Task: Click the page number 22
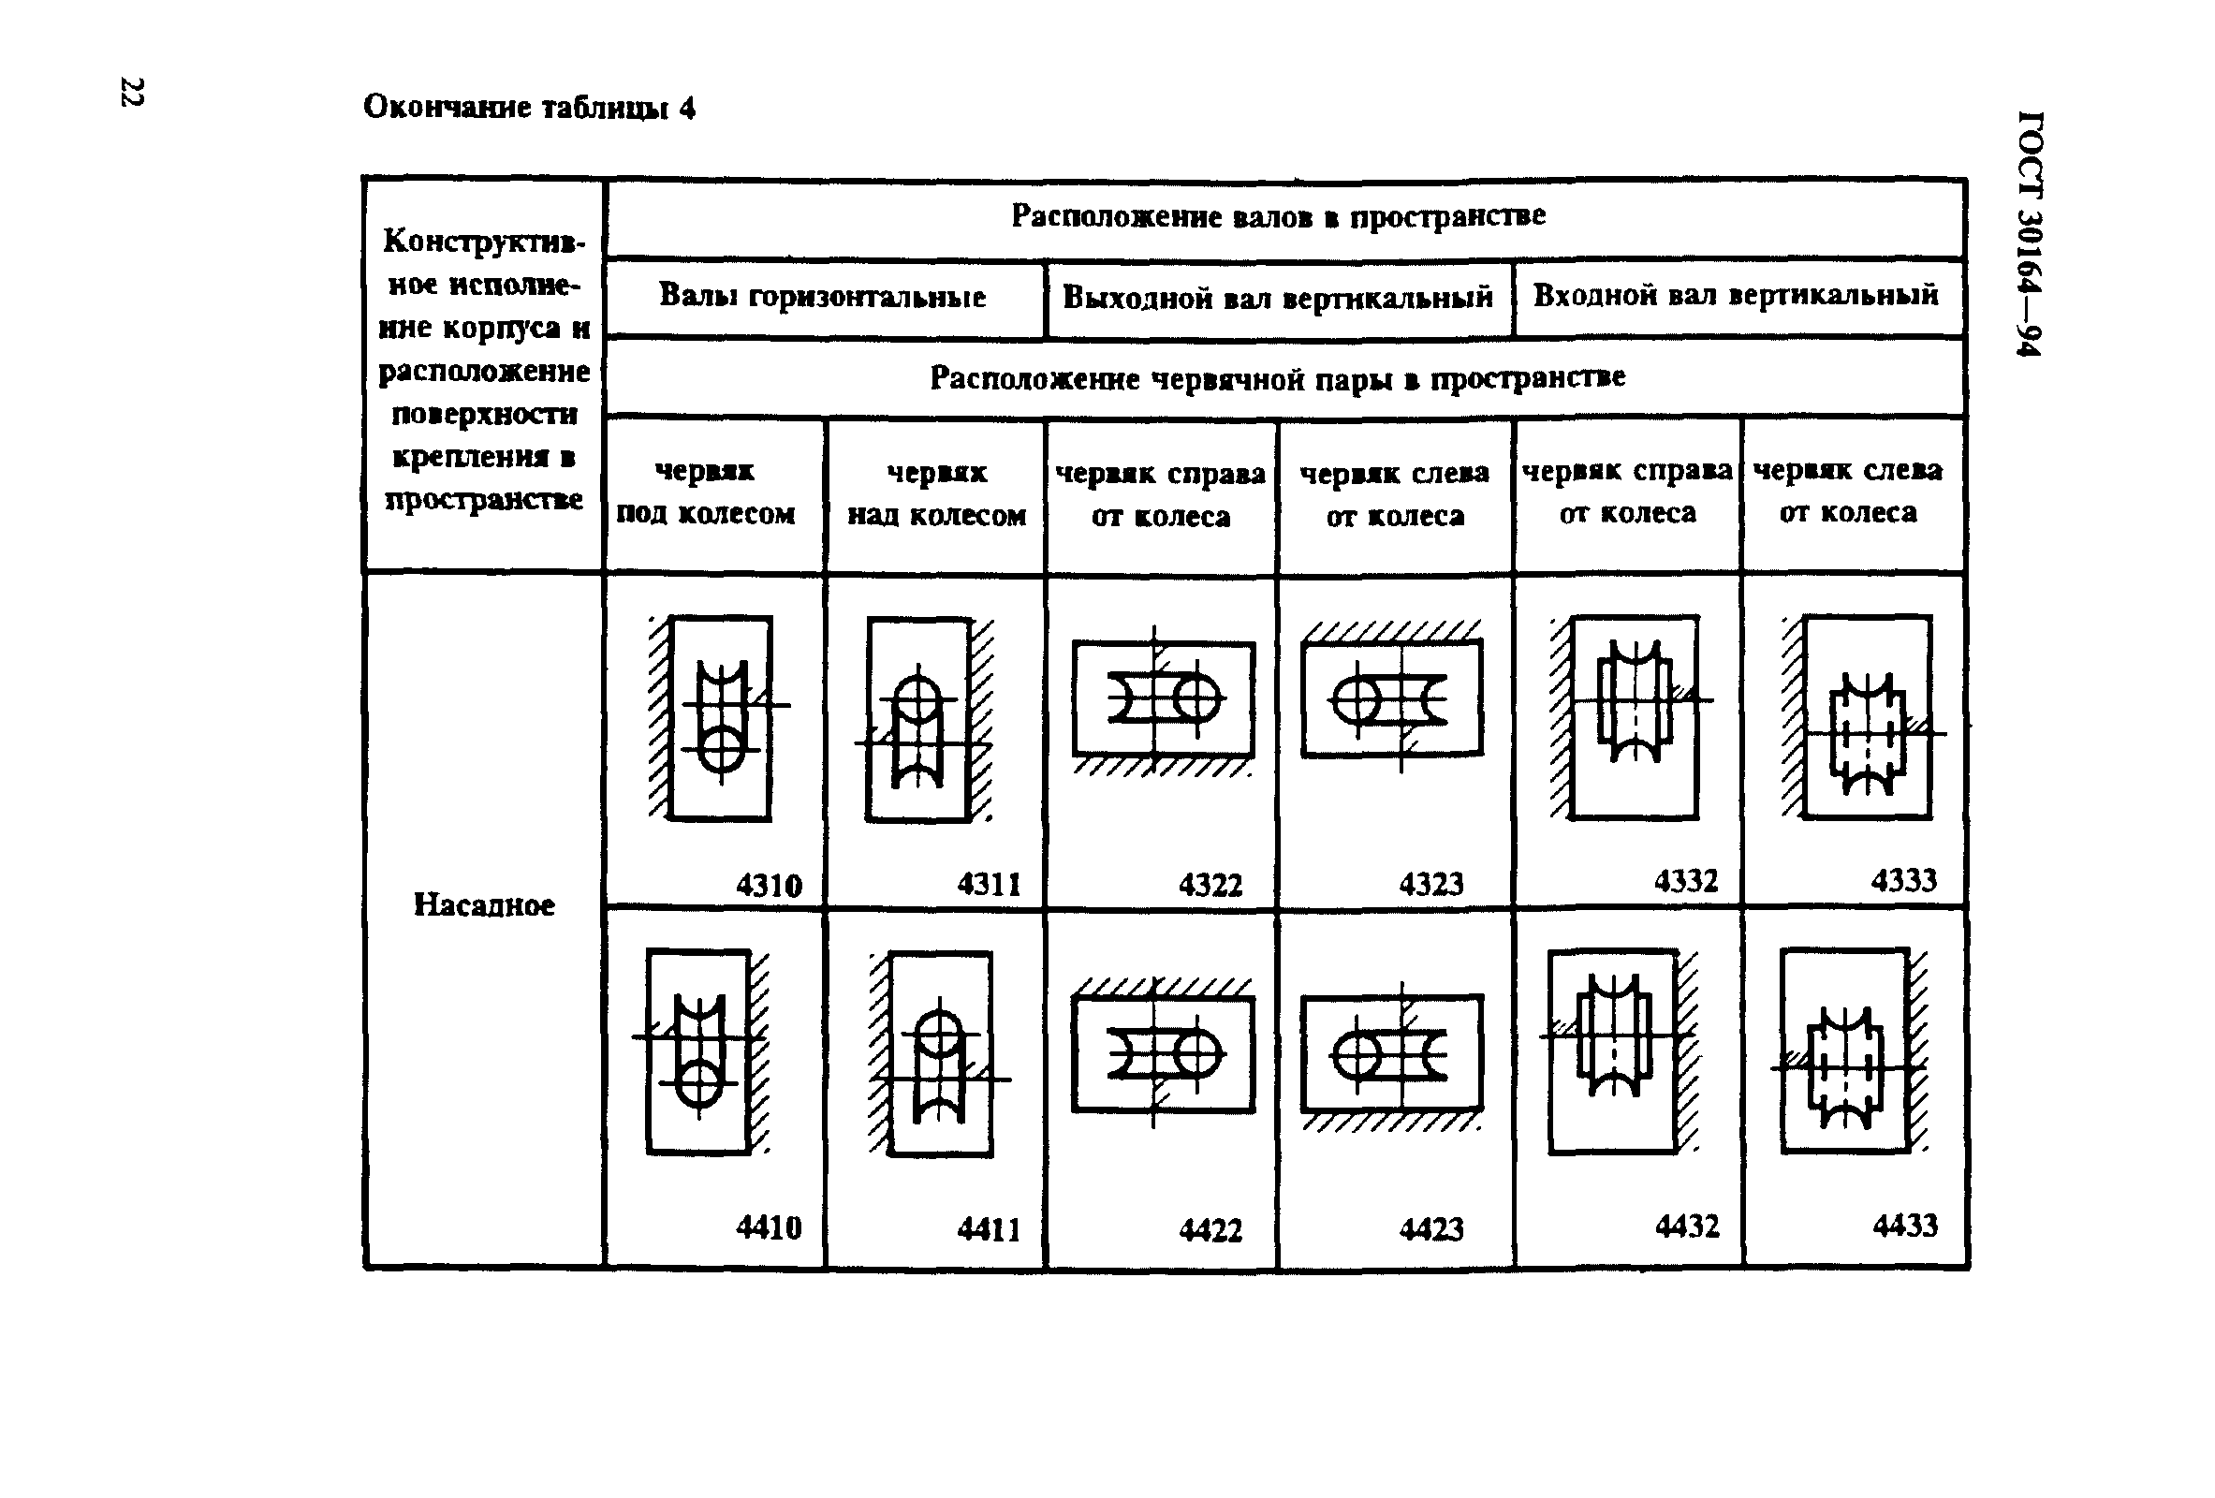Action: [130, 93]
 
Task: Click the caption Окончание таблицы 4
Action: [529, 107]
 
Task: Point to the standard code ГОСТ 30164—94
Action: [2029, 233]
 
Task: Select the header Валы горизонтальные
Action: [823, 297]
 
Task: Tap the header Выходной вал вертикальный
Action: [1277, 298]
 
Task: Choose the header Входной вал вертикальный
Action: [1736, 295]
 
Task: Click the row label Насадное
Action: [483, 904]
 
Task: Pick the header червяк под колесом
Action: [705, 492]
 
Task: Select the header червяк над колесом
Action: [937, 493]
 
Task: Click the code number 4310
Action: [769, 886]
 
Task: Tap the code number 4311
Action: [989, 886]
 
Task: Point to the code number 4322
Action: [1210, 886]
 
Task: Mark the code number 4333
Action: [1903, 879]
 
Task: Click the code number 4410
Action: [769, 1226]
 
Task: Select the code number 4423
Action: [1430, 1228]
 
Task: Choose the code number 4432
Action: [1687, 1225]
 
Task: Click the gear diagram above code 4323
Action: [1391, 697]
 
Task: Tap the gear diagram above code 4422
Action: [1163, 1052]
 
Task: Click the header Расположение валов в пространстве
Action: [1277, 216]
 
